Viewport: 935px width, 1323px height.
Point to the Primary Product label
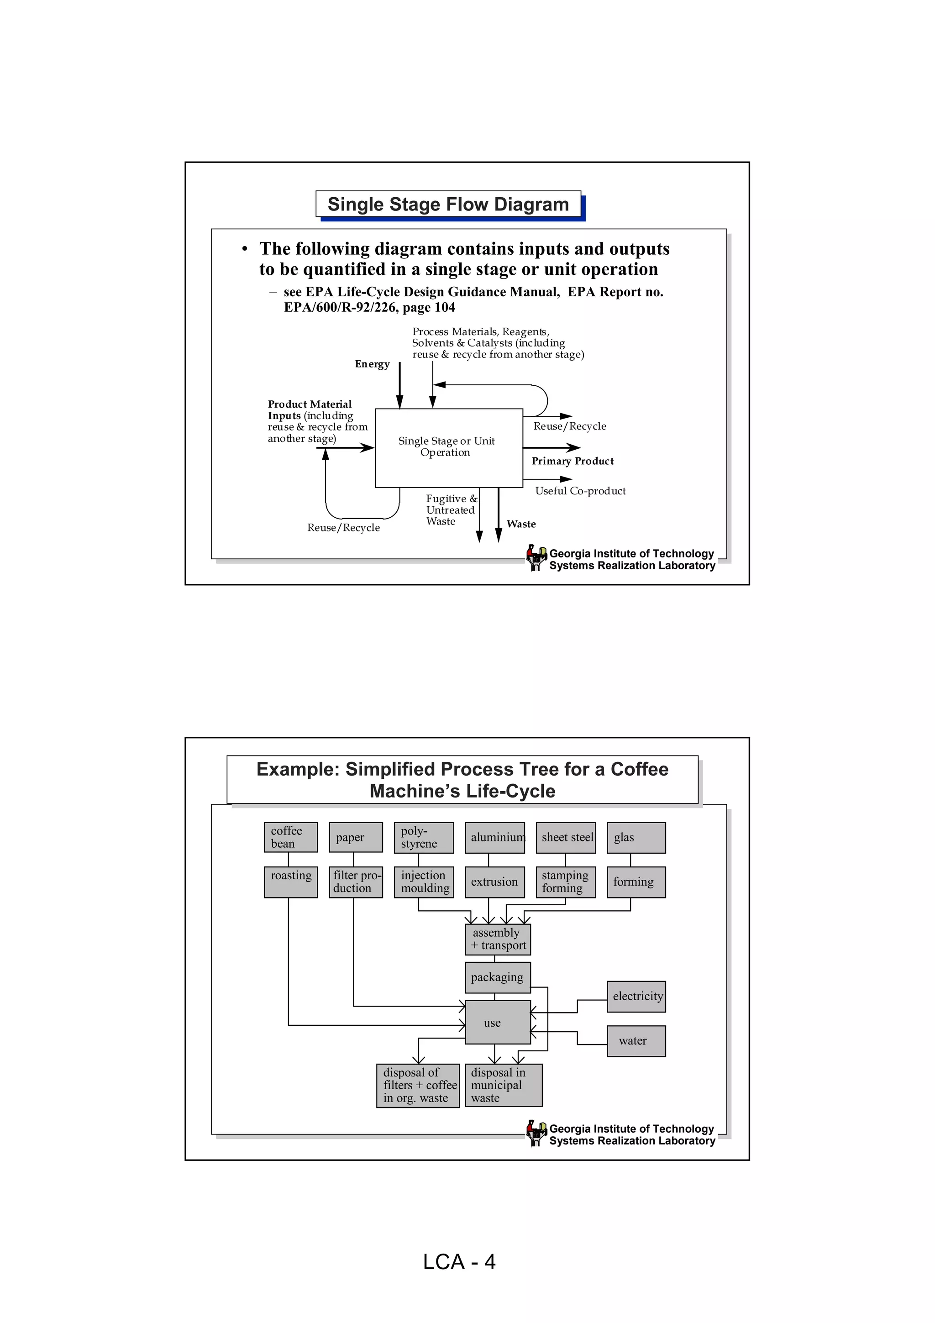pos(572,461)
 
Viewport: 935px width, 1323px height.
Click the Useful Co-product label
pos(580,491)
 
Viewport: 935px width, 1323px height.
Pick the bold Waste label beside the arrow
pos(521,524)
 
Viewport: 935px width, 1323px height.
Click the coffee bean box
pos(290,837)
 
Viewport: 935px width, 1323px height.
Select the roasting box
pos(290,882)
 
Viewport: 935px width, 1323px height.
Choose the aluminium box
pos(495,837)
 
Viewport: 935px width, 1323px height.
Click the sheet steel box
pos(566,837)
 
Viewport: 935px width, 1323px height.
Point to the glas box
pos(636,837)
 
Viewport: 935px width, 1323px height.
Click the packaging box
pos(498,977)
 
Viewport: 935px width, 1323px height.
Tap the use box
pos(498,1022)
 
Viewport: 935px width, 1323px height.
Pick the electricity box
pos(636,996)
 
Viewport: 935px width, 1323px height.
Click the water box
pos(636,1041)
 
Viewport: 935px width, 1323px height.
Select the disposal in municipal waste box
pos(504,1085)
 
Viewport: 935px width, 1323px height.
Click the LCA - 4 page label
pos(459,1262)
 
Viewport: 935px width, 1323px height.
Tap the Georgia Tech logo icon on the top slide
pos(536,557)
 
